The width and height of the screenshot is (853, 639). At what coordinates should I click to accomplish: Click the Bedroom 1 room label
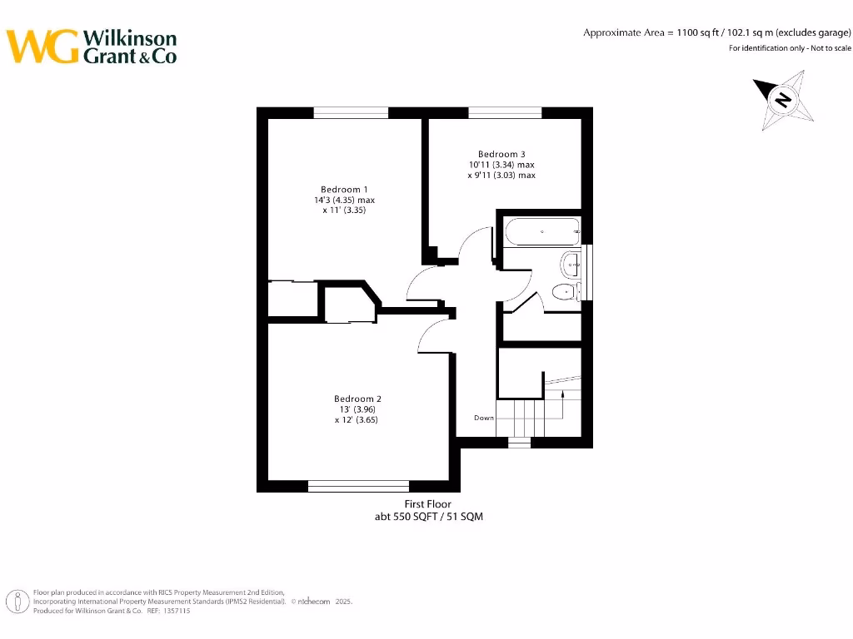point(344,189)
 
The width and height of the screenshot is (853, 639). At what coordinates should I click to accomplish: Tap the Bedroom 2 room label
point(357,399)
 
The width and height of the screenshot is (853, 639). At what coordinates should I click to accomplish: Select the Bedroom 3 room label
point(501,154)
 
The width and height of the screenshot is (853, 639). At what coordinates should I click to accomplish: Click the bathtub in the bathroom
point(541,231)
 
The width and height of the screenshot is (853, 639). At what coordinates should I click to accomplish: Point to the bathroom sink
point(571,265)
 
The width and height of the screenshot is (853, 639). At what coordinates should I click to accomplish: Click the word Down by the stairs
point(484,418)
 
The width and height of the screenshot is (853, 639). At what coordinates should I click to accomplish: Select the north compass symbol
point(782,100)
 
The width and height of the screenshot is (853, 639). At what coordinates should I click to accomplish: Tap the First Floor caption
point(428,504)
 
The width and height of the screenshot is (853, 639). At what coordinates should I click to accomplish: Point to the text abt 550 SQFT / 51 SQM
point(428,517)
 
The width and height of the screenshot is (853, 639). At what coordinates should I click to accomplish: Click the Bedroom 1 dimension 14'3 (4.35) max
point(344,201)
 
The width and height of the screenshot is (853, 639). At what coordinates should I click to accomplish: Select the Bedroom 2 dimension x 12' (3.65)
point(357,420)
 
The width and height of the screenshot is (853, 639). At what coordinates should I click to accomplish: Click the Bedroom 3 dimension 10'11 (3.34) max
point(501,165)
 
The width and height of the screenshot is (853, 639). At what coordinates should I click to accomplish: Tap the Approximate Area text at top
point(716,32)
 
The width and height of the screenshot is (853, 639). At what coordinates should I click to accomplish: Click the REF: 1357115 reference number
point(169,611)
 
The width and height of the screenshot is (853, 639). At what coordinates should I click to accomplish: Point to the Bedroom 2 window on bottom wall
point(358,486)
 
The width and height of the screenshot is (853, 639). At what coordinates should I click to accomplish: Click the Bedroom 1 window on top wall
point(351,112)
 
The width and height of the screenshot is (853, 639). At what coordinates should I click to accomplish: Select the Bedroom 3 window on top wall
point(505,112)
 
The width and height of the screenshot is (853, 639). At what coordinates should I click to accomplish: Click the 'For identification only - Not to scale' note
point(790,48)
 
